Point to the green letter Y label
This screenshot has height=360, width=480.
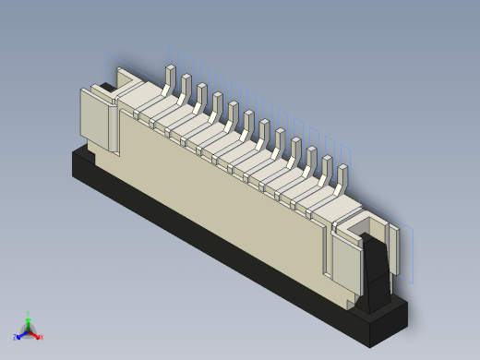tap(28, 314)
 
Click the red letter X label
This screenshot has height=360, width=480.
tap(42, 338)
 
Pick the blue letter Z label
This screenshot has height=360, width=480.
tap(14, 338)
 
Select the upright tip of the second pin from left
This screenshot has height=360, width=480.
tap(186, 84)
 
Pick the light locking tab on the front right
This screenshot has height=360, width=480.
tap(345, 263)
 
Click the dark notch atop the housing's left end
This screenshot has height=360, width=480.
tap(107, 89)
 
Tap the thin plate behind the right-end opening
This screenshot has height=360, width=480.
tap(393, 249)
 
